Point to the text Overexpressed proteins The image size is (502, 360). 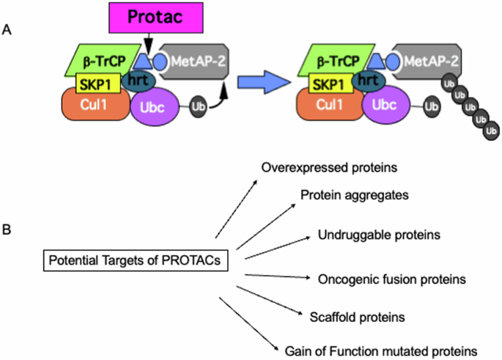point(329,168)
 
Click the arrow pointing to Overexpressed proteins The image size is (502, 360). point(235,206)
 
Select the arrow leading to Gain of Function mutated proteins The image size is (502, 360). point(250,322)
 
